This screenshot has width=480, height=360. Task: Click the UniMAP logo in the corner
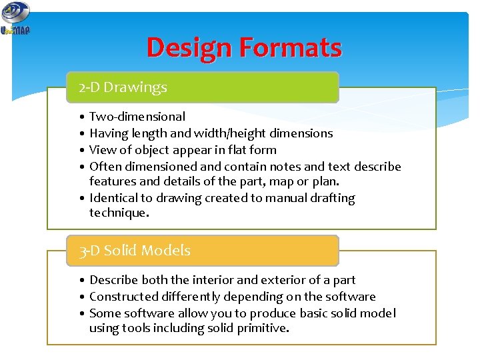click(15, 18)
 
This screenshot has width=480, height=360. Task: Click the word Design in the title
click(188, 48)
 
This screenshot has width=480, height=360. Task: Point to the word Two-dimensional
click(137, 117)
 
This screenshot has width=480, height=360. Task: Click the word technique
click(118, 213)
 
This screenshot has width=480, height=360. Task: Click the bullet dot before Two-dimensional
click(81, 117)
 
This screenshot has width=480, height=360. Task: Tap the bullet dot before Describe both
click(81, 281)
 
